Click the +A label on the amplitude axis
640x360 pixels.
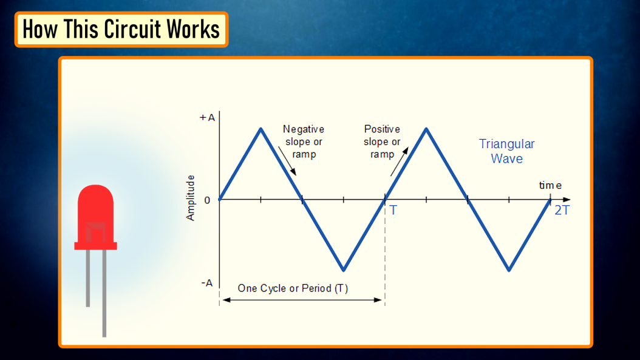pyautogui.click(x=207, y=118)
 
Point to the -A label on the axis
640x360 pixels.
pyautogui.click(x=207, y=284)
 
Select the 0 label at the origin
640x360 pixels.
pyautogui.click(x=207, y=200)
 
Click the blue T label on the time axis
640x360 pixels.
pyautogui.click(x=393, y=210)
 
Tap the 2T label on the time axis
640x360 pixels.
pyautogui.click(x=562, y=210)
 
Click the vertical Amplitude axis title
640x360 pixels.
pyautogui.click(x=191, y=198)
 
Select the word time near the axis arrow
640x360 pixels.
pyautogui.click(x=550, y=185)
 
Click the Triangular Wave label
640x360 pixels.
pyautogui.click(x=506, y=151)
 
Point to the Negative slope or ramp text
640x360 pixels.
pyautogui.click(x=304, y=141)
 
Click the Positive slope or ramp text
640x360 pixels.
pyautogui.click(x=382, y=141)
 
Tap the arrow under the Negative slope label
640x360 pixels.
pyautogui.click(x=287, y=161)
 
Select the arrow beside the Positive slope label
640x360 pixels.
pyautogui.click(x=399, y=161)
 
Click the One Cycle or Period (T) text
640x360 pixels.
pyautogui.click(x=293, y=288)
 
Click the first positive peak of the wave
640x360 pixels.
pyautogui.click(x=261, y=129)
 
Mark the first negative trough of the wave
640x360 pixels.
pyautogui.click(x=344, y=270)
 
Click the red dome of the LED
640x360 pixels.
pyautogui.click(x=95, y=214)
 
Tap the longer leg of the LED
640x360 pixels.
pyautogui.click(x=104, y=293)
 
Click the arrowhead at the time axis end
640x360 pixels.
pyautogui.click(x=567, y=200)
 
